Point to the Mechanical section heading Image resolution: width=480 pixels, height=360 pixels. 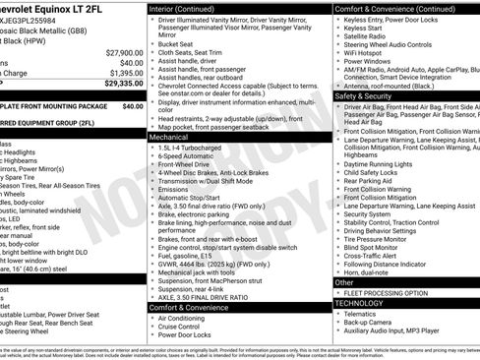[x=168, y=139]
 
